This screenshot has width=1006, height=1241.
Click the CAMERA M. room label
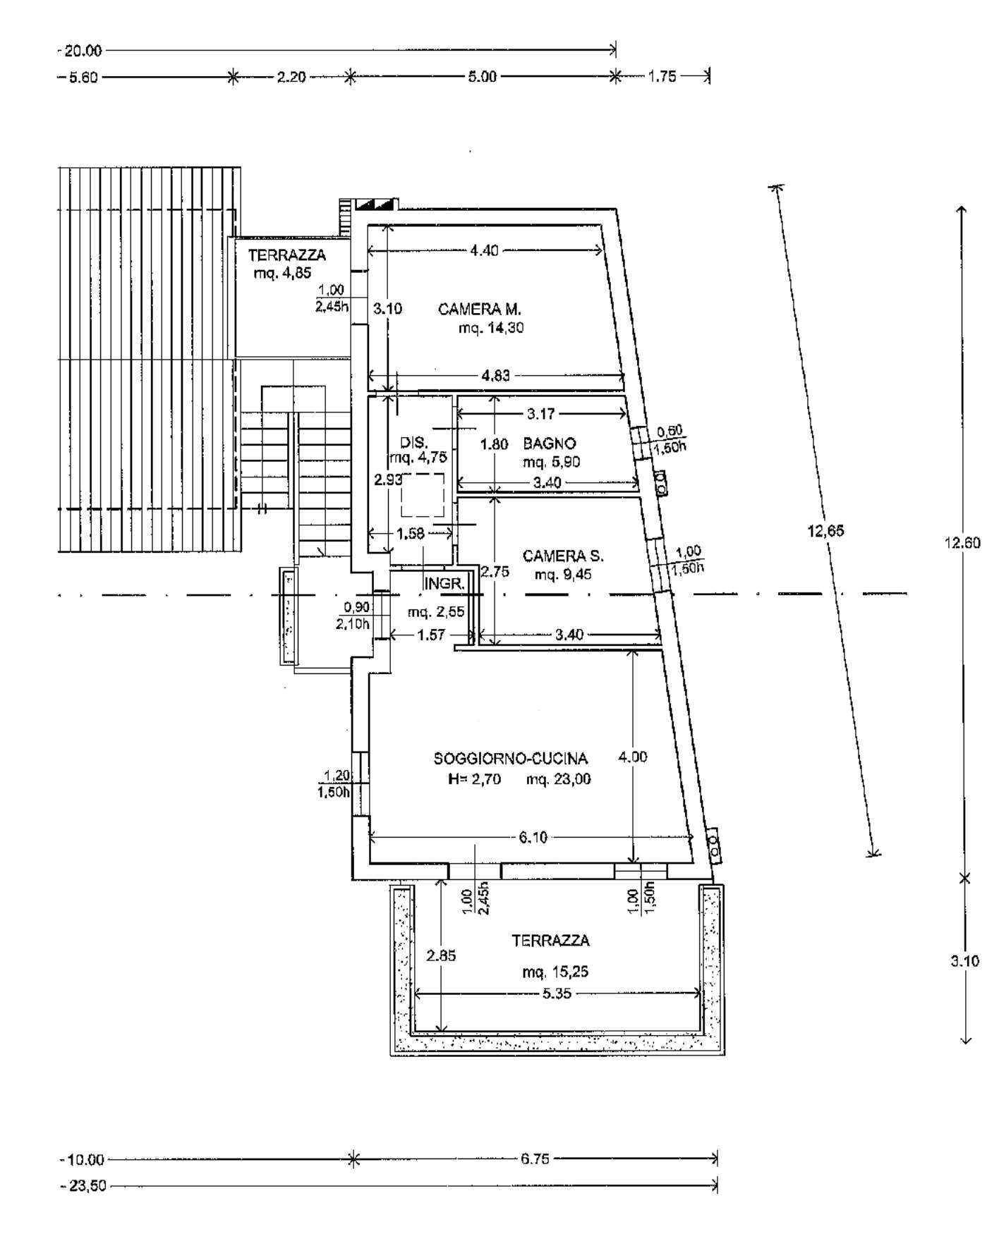tap(479, 309)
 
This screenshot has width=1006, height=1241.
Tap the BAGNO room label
tap(550, 444)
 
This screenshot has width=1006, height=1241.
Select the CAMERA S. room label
tap(563, 556)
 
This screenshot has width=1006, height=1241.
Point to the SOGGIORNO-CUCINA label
tap(510, 759)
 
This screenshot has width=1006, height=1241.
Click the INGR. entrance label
tap(444, 584)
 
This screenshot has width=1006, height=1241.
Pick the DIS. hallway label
tap(413, 443)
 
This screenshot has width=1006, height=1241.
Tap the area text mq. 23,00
tap(559, 779)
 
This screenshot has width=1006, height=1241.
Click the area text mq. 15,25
tap(555, 972)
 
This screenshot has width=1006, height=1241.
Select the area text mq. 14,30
tap(491, 328)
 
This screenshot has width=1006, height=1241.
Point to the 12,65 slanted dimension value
tap(825, 532)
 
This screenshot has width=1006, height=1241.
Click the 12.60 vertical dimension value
tap(962, 543)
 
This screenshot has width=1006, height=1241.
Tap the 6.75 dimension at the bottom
tap(535, 1159)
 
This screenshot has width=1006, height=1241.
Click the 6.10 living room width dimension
tap(533, 838)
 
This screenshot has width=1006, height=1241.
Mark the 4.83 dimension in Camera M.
tap(495, 376)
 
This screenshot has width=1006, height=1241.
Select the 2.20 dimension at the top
tap(291, 77)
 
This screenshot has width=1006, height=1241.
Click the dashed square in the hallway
tap(423, 495)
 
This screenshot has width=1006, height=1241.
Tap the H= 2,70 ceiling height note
tap(474, 779)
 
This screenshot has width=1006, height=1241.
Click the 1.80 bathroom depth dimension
tap(494, 444)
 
